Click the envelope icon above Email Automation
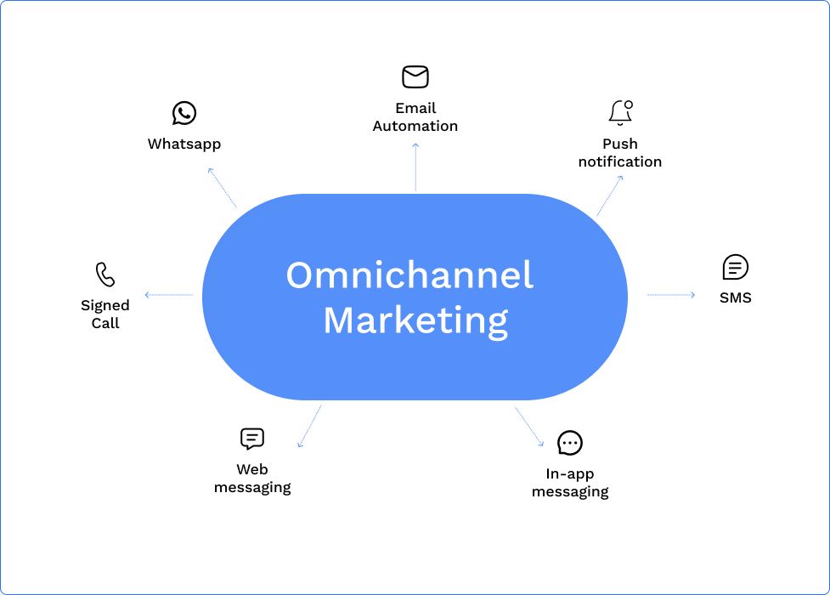click(415, 77)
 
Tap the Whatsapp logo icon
click(184, 113)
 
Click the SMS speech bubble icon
click(735, 268)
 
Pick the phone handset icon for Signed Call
click(105, 275)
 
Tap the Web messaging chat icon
click(252, 439)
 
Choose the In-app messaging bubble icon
click(570, 443)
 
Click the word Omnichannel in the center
click(409, 275)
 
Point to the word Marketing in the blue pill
click(415, 320)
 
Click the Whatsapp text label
click(184, 144)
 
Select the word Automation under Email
click(415, 126)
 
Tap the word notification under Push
click(620, 161)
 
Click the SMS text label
click(735, 298)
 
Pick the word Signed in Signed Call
click(105, 305)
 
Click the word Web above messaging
click(252, 469)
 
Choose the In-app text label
click(570, 474)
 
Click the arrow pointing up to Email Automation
click(415, 167)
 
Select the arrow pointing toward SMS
click(671, 295)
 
